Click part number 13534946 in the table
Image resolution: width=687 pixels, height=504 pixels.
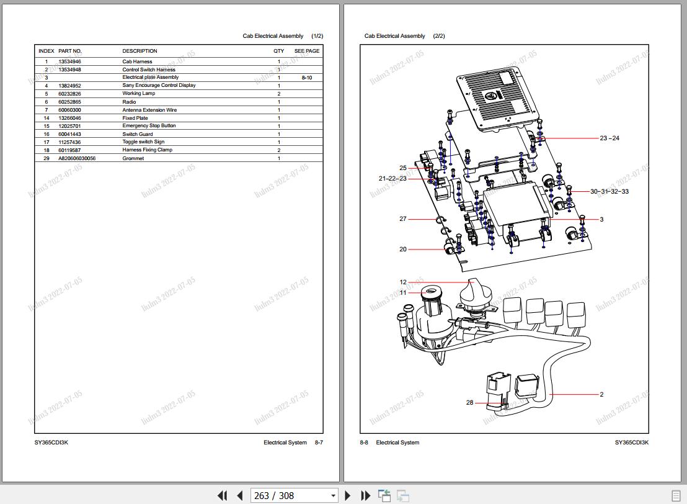pos(69,62)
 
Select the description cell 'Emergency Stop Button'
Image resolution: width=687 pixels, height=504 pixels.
pos(149,126)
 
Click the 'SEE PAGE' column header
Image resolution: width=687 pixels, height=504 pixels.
pos(307,51)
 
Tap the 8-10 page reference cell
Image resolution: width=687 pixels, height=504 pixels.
pos(307,78)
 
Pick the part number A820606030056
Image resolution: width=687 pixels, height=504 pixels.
pos(77,158)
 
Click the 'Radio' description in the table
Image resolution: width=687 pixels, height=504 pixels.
pos(129,102)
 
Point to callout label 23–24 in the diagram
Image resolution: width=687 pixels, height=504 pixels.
pos(609,138)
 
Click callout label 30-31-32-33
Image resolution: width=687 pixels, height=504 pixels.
pos(609,192)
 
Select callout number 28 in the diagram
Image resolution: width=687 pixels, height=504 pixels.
pos(470,403)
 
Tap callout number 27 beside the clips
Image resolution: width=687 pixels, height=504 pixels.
pos(403,219)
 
